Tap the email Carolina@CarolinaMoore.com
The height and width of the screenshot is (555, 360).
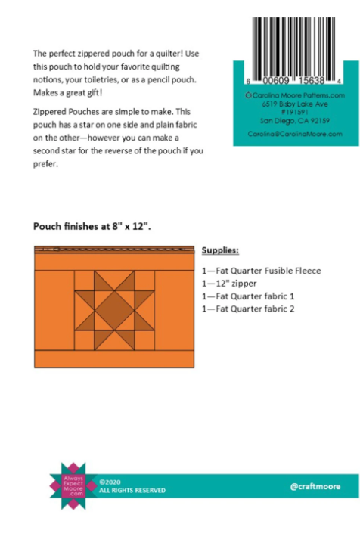295,134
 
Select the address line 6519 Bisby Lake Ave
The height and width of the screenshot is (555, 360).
295,104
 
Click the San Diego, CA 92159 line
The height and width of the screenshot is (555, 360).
295,119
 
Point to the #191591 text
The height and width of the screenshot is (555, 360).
295,111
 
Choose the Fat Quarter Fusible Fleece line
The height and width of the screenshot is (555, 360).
262,270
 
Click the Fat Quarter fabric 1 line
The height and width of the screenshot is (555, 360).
247,296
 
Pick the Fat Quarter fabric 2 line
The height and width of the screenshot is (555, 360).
247,309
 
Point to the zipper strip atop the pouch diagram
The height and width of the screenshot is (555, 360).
114,249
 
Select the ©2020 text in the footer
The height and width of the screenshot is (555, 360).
110,481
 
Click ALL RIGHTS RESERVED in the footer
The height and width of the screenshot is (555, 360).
132,491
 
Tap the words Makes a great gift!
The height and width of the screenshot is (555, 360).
64,91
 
